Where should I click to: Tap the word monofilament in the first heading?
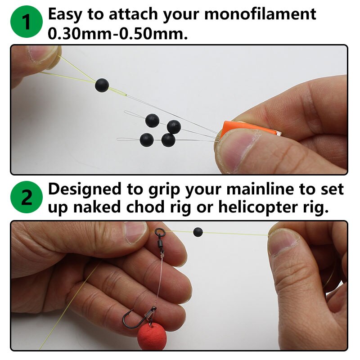[x=261, y=15]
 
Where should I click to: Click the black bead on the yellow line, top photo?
[x=102, y=85]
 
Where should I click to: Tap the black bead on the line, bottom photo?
[x=198, y=232]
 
